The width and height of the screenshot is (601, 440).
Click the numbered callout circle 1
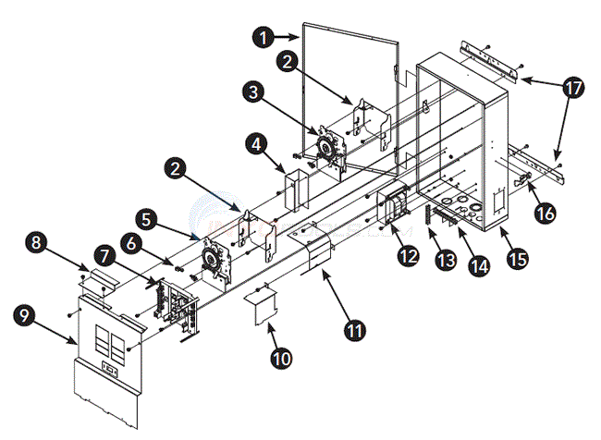click(265, 38)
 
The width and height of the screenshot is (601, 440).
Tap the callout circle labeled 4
click(257, 143)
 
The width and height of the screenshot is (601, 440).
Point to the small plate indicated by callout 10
click(265, 307)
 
